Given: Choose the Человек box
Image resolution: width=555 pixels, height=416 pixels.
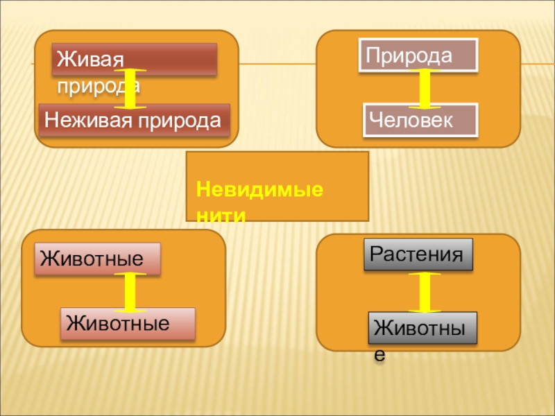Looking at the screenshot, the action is (420, 119).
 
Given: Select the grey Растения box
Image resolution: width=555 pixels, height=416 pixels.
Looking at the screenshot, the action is (418, 254).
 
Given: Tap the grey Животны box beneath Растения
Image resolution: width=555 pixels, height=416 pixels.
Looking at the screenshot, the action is (423, 329).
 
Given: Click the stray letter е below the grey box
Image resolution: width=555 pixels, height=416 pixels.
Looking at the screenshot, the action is (379, 355).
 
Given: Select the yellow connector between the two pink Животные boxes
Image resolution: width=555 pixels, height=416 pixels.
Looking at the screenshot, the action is (129, 291).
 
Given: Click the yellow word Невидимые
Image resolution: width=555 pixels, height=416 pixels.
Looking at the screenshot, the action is (259, 189).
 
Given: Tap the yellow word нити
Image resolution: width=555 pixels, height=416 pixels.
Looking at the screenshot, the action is (221, 216).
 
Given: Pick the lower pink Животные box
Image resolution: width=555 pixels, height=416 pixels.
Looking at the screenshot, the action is (128, 324).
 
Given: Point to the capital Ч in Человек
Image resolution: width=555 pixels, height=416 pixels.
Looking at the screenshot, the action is (375, 119).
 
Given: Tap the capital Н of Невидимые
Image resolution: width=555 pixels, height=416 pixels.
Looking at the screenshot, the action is (202, 189).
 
